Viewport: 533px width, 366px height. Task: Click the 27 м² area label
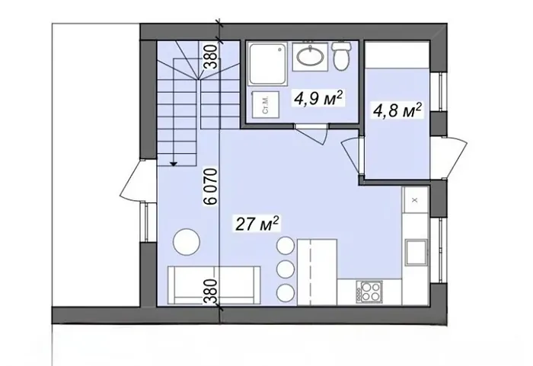pyautogui.click(x=257, y=224)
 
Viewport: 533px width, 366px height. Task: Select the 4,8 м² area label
pyautogui.click(x=397, y=110)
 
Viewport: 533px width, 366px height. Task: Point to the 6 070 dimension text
pyautogui.click(x=211, y=186)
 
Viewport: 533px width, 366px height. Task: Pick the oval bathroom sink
pyautogui.click(x=310, y=56)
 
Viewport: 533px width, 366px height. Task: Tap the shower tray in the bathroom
pyautogui.click(x=268, y=64)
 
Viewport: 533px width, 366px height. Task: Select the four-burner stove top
pyautogui.click(x=369, y=292)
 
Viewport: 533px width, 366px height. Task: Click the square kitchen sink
pyautogui.click(x=417, y=251)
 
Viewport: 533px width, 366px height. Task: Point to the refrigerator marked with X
pyautogui.click(x=415, y=200)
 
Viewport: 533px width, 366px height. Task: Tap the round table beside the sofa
pyautogui.click(x=187, y=242)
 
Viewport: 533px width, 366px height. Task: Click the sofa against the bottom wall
pyautogui.click(x=214, y=285)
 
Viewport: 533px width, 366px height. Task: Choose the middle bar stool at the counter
pyautogui.click(x=286, y=269)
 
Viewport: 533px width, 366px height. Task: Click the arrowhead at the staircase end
pyautogui.click(x=174, y=164)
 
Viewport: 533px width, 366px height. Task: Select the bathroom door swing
pyautogui.click(x=312, y=134)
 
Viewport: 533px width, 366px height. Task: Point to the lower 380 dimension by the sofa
pyautogui.click(x=211, y=291)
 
